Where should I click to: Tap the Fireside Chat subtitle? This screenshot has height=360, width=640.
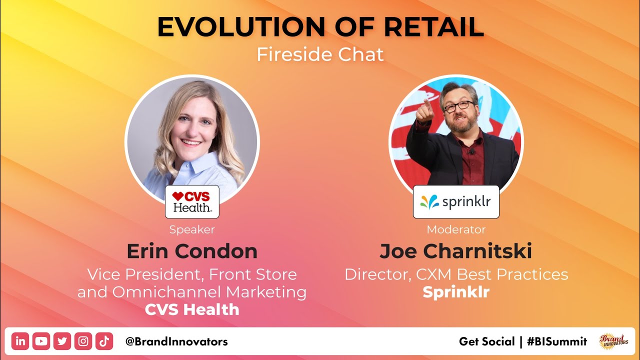click(320, 54)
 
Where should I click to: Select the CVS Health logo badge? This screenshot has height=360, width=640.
click(192, 201)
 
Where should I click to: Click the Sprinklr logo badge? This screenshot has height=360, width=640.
click(456, 202)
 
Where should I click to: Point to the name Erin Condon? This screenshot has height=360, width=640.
click(192, 251)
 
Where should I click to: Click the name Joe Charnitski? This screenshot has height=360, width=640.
click(456, 251)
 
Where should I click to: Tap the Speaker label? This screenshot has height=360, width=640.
click(192, 229)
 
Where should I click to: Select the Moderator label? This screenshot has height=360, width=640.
click(456, 229)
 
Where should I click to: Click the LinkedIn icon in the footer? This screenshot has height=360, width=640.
click(20, 341)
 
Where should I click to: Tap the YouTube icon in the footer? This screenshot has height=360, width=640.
click(41, 341)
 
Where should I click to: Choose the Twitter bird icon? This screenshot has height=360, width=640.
click(62, 341)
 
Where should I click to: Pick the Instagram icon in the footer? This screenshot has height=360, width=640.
click(83, 341)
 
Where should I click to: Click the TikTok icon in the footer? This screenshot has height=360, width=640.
click(104, 341)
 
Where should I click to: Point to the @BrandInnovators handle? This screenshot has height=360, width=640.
click(176, 341)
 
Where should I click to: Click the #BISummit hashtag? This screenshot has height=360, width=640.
click(556, 341)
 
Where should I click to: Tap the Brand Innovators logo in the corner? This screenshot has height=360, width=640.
click(614, 341)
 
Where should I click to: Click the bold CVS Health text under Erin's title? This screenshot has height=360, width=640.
click(192, 309)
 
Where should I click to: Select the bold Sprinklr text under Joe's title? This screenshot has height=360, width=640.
click(456, 292)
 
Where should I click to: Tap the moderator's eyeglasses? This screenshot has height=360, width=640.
click(458, 105)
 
